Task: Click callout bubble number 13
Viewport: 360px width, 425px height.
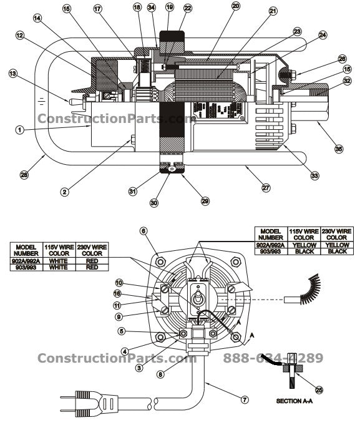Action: tap(12, 74)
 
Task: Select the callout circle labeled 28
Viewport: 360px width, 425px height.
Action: tap(24, 175)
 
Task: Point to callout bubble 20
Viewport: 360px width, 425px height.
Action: tap(218, 6)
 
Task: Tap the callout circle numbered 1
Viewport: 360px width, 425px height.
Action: tap(19, 130)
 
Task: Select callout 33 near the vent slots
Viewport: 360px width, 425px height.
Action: tap(314, 177)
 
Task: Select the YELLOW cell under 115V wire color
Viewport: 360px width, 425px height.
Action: tap(304, 245)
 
